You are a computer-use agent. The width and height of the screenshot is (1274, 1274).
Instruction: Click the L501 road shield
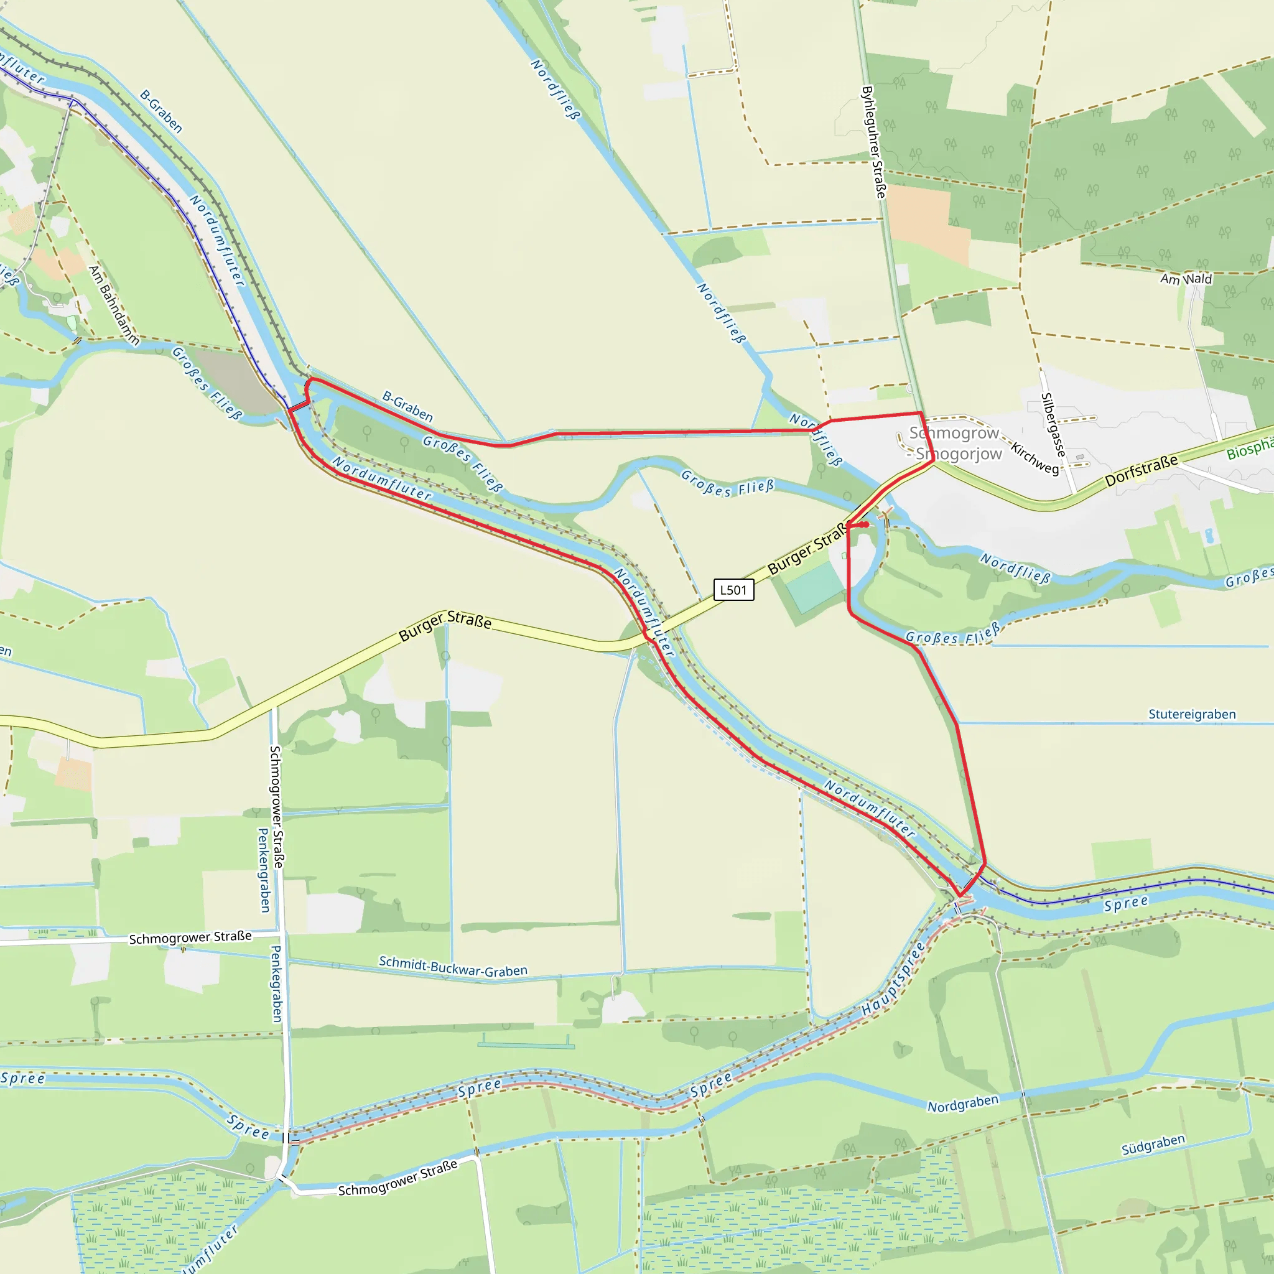[733, 590]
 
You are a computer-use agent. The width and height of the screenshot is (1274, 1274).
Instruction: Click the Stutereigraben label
[1191, 714]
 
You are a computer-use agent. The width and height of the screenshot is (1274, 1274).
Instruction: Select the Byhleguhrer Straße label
[874, 142]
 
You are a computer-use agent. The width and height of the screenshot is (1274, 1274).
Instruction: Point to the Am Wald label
[1186, 279]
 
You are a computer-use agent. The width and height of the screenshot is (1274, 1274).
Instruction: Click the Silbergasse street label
[1053, 425]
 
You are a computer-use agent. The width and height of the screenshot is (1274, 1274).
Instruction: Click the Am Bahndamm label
[114, 305]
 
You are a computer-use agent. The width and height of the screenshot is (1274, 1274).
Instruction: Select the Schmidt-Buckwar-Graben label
[453, 966]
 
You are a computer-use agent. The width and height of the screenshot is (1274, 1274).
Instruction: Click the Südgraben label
[1153, 1144]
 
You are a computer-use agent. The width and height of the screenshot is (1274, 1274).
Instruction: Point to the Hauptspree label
[893, 980]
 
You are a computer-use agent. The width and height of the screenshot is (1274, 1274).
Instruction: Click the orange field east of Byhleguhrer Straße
[929, 221]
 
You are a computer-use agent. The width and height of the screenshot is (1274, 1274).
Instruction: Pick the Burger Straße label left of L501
[445, 627]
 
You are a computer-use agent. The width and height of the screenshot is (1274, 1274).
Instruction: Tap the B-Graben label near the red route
[407, 406]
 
